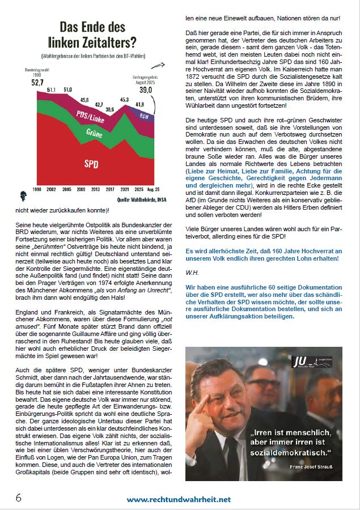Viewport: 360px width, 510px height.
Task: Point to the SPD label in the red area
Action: point(92,164)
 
